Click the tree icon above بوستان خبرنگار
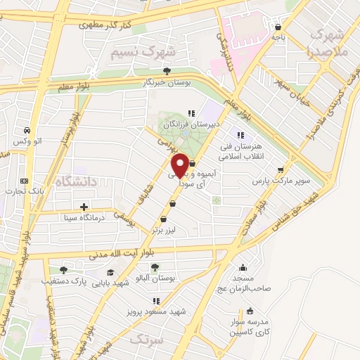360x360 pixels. pos(167,71)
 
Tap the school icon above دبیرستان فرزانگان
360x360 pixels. pos(190,113)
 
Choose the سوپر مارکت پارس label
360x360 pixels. pos(281,181)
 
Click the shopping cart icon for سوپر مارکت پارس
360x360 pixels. pos(281,169)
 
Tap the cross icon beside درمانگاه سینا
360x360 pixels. pos(84,207)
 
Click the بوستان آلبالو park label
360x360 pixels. pos(154,277)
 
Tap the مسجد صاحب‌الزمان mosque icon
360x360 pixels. pos(243,267)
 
